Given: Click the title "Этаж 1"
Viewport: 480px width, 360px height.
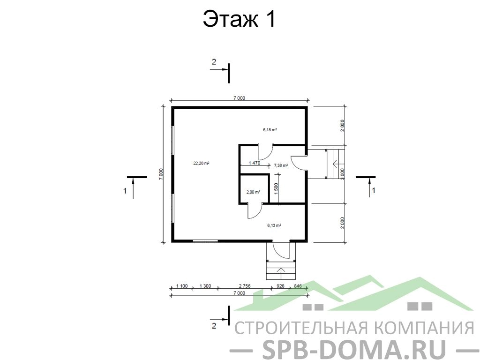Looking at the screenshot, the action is [240, 19].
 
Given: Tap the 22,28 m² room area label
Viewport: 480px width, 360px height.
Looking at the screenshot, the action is [201, 163].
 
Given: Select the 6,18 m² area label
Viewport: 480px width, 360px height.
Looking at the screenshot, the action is [270, 130].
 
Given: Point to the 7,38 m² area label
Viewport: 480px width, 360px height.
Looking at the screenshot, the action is [281, 165].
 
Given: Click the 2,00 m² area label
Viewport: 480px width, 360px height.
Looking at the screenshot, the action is [253, 192].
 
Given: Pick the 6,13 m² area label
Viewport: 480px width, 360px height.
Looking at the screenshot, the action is [274, 225].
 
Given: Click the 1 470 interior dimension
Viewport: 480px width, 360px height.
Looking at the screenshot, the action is [255, 163].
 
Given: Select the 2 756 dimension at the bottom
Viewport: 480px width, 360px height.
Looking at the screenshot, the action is [245, 286].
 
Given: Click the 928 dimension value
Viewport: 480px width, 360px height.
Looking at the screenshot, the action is [280, 286].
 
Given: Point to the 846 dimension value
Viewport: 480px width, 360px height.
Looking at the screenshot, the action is [298, 286].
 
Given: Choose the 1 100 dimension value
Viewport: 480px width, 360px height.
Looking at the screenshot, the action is [182, 286].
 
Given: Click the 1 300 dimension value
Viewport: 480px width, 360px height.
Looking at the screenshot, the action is [205, 286].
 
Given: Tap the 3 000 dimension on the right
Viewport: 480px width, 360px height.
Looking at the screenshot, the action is [343, 174].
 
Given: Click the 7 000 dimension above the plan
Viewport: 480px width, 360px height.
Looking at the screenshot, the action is [240, 98].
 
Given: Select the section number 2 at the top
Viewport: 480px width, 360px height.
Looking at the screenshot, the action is [214, 62].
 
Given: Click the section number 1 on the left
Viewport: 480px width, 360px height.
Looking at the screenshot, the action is [125, 191].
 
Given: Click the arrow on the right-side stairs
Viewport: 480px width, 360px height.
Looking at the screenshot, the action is [336, 165].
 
